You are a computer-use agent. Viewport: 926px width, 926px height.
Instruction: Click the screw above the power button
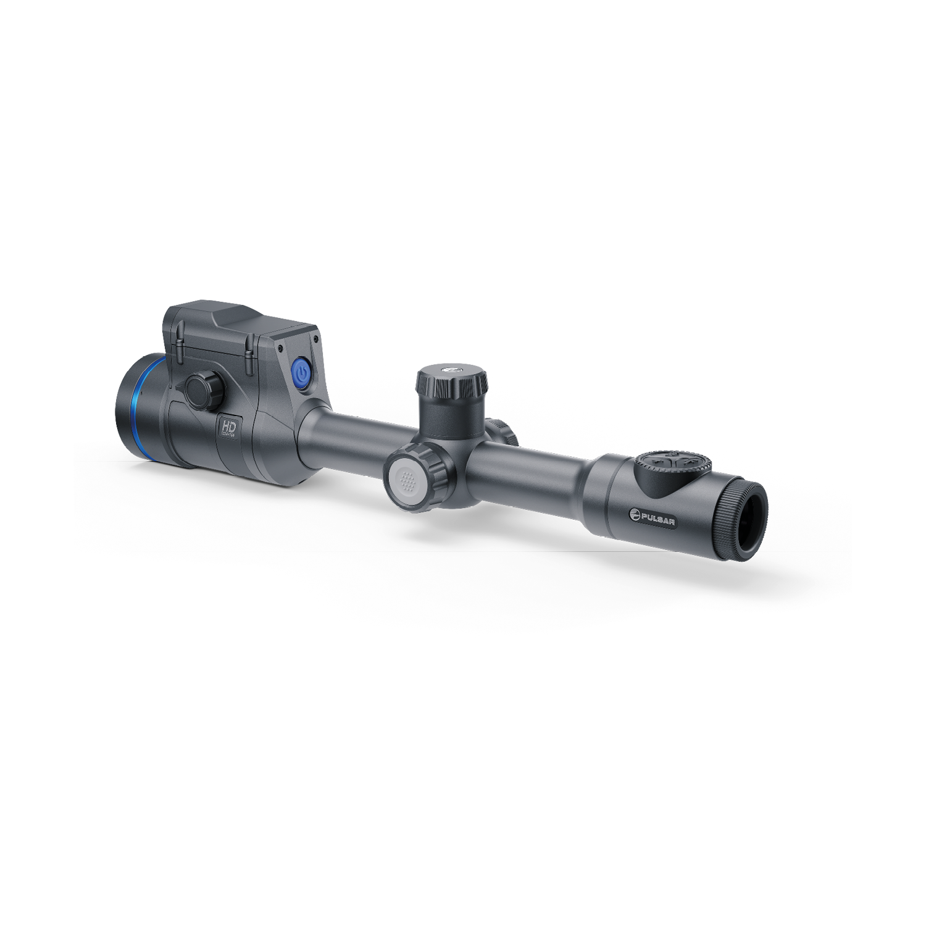pos(316,339)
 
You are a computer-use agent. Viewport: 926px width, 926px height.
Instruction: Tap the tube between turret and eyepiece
pos(531,472)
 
